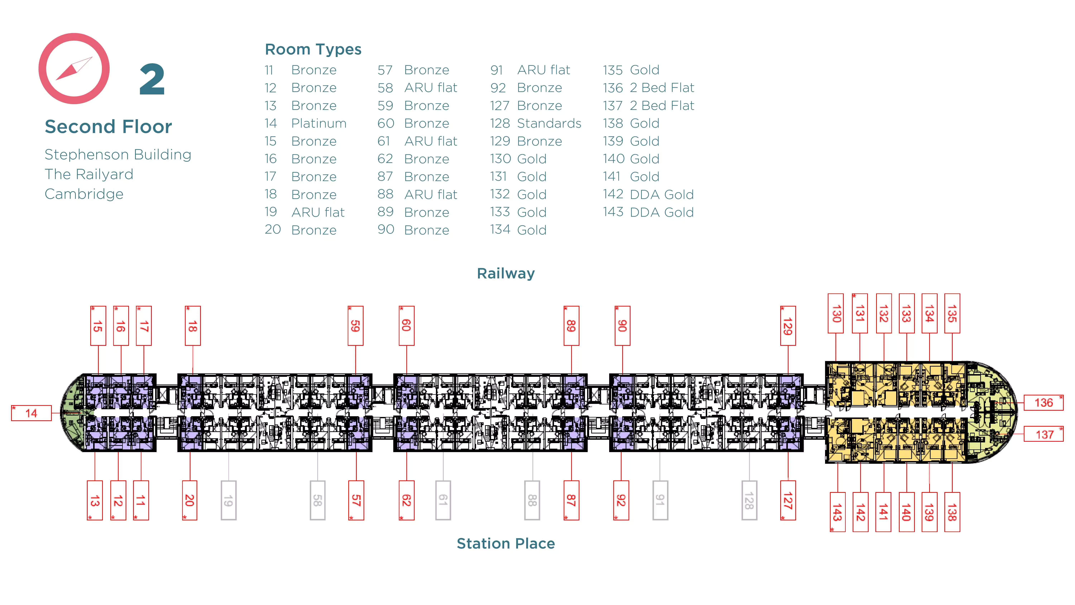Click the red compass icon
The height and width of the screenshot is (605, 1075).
coord(74,68)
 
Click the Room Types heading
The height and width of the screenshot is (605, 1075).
coord(313,49)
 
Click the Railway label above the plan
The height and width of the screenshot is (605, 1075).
coord(505,274)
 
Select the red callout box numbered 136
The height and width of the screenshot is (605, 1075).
coord(1043,402)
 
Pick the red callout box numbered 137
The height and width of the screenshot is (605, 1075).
coord(1043,434)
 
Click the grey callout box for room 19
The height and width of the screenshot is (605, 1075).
coord(228,500)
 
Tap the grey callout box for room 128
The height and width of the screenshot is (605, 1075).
coord(749,500)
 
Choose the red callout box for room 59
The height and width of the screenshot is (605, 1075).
coord(355,326)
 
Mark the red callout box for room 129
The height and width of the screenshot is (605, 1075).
coord(787,326)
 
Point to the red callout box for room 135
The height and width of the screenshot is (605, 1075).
coord(952,313)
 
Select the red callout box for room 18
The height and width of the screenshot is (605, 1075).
coord(192,326)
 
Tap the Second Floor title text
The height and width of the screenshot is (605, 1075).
coord(108,127)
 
